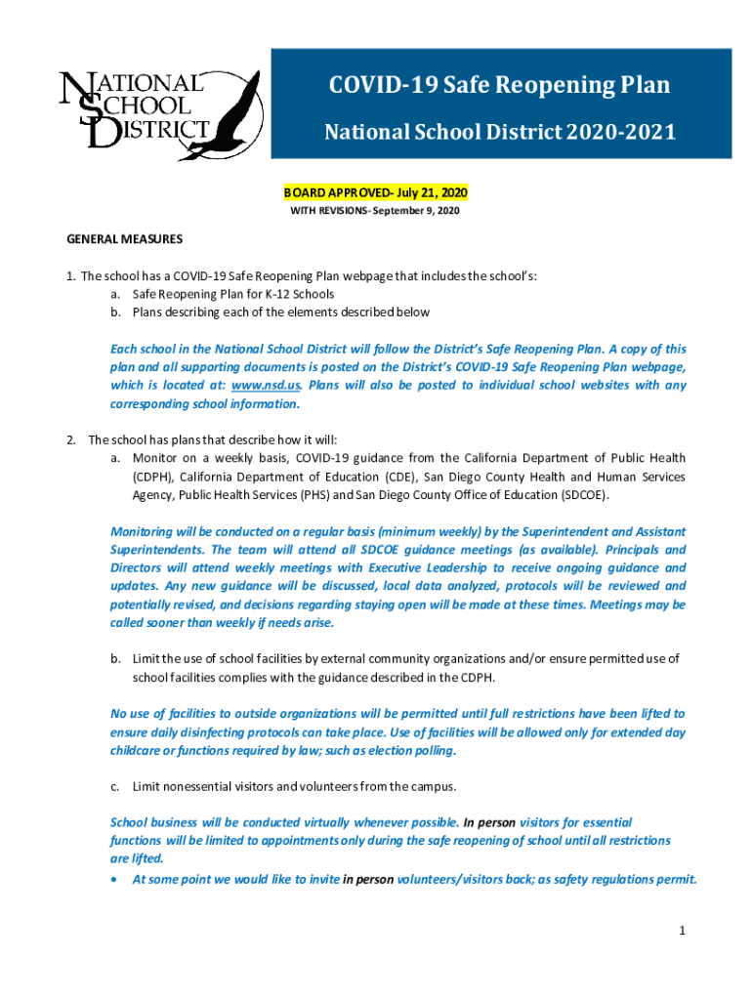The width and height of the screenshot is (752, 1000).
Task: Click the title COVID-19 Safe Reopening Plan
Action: tap(499, 86)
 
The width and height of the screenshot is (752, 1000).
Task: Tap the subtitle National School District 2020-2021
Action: tap(499, 132)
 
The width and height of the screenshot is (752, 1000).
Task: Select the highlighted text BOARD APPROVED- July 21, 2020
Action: tap(375, 194)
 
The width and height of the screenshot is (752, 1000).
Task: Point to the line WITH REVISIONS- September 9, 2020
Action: tap(375, 211)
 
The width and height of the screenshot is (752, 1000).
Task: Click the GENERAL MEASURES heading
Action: tap(124, 239)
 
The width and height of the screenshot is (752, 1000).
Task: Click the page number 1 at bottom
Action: tap(684, 931)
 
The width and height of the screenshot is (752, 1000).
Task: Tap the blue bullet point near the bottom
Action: tap(117, 879)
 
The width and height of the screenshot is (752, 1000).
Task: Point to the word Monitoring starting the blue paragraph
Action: tap(142, 532)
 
